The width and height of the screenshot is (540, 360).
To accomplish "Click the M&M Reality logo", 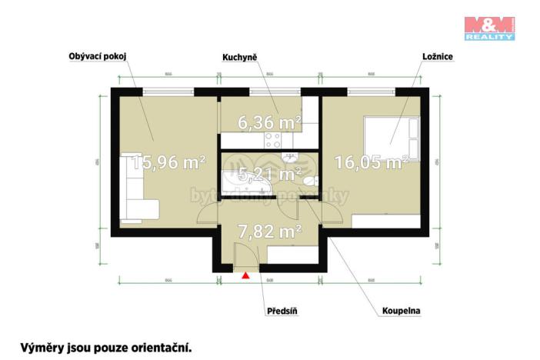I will [489, 27].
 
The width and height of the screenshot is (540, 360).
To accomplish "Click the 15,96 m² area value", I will [168, 162].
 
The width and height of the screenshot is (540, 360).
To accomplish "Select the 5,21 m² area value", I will [268, 175].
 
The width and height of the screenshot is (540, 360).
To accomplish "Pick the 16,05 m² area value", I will [371, 162].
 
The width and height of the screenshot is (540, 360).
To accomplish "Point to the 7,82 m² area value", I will [268, 229].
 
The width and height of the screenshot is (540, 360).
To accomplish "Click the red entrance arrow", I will [245, 275].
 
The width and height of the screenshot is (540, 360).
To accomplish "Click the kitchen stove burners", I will [273, 140].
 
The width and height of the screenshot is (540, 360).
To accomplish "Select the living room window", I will [168, 91].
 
